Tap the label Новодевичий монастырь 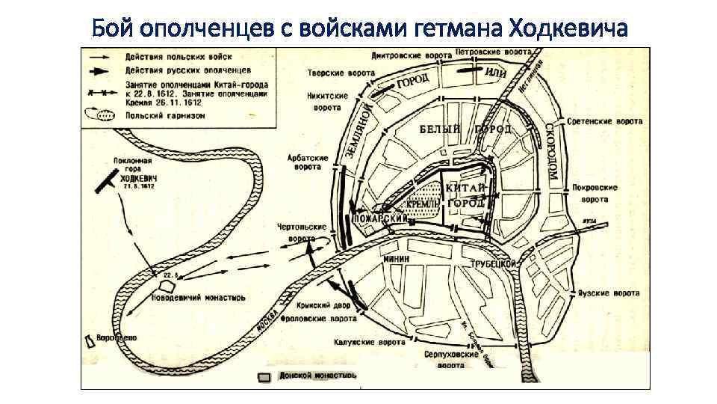coord(199,297)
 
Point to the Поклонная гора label coord(133,165)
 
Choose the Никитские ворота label coord(327,102)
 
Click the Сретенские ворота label coord(605,120)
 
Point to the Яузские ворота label coord(609,293)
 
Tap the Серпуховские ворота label coord(450,361)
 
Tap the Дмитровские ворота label coord(412,55)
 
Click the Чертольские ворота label coord(297,231)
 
